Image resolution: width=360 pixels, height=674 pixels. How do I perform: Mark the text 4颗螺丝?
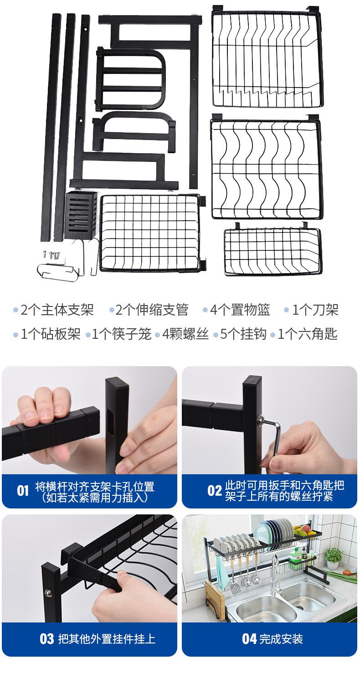pyautogui.click(x=185, y=334)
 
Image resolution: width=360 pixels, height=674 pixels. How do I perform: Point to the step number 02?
pyautogui.click(x=214, y=491)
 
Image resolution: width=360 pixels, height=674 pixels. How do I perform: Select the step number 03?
pyautogui.click(x=46, y=638)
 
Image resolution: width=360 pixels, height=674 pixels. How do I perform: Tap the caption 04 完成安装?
pyautogui.click(x=272, y=638)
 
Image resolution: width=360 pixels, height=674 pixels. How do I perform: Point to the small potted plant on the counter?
pyautogui.click(x=334, y=558)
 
